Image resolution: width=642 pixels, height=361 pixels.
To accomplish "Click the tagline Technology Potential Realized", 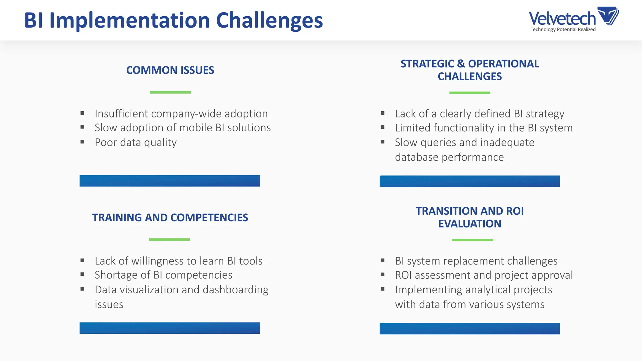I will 563,29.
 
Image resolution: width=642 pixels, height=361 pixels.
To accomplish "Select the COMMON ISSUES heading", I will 170,70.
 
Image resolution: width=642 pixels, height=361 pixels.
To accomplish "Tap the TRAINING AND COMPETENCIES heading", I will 170,217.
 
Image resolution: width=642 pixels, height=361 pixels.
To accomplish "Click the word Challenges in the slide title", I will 269,20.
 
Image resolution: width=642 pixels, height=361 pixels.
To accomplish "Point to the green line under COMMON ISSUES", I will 170,92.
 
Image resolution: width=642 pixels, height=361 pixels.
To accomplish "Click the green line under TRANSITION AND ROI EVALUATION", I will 472,240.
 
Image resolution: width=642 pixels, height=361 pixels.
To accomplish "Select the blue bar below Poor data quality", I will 170,181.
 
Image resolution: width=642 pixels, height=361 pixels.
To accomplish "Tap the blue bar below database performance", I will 470,181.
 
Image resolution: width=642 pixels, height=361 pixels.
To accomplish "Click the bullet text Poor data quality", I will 136,143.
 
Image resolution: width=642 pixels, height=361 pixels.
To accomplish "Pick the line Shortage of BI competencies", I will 163,275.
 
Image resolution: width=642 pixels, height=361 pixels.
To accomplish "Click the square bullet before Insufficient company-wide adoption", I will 82,113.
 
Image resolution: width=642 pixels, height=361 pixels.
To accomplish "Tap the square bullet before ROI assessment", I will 382,275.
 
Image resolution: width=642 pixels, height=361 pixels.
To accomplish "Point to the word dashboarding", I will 235,290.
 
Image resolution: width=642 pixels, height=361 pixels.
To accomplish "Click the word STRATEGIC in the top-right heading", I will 427,64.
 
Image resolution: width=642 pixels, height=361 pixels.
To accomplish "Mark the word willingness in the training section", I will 157,261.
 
